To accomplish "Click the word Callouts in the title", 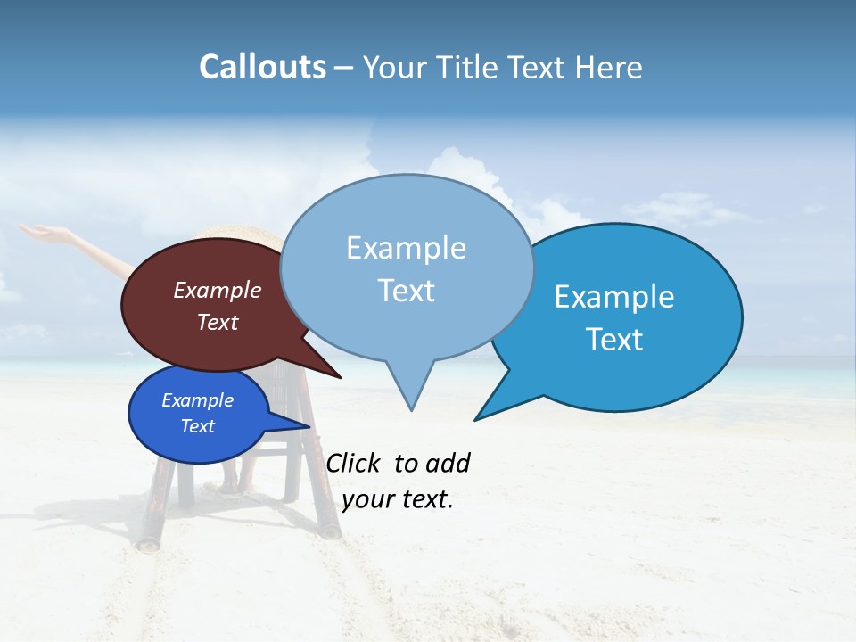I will click(x=262, y=67).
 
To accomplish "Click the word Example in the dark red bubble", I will click(x=218, y=290).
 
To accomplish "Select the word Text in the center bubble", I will click(x=407, y=291).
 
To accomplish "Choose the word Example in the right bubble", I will click(x=614, y=296).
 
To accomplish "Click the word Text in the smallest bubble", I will click(x=198, y=426).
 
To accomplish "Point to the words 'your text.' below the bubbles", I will click(x=398, y=499).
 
